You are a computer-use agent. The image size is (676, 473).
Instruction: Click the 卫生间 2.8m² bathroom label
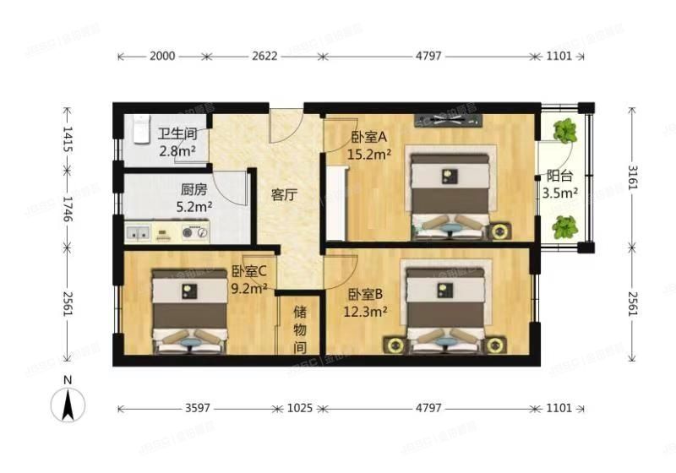click(x=177, y=143)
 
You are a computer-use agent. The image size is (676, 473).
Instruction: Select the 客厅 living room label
click(x=283, y=195)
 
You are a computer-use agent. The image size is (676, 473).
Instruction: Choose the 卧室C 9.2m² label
click(x=249, y=280)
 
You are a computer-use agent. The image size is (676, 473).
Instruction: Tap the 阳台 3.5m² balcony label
click(x=560, y=185)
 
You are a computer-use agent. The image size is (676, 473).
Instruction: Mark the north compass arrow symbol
click(x=68, y=404)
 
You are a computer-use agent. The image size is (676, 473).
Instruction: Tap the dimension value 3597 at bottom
click(x=197, y=408)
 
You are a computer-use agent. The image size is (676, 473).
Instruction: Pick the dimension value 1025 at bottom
click(x=299, y=408)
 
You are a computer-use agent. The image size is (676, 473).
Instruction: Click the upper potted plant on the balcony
click(x=564, y=130)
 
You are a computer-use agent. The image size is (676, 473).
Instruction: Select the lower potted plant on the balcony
click(x=564, y=226)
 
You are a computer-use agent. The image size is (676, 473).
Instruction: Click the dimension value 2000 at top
click(x=161, y=57)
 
